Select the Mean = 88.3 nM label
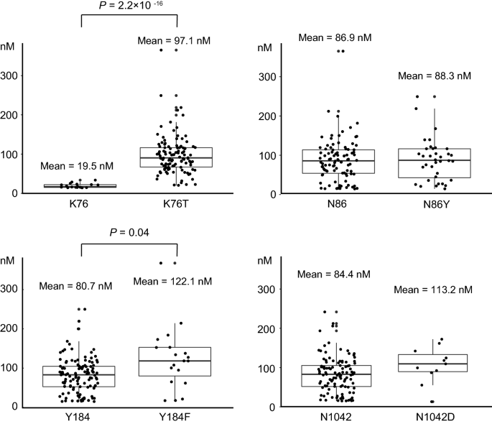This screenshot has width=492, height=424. pyautogui.click(x=434, y=75)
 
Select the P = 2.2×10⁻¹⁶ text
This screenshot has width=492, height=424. pyautogui.click(x=129, y=6)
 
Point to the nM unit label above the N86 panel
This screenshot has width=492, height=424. pyautogui.click(x=264, y=47)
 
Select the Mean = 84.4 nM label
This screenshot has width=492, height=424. pyautogui.click(x=334, y=273)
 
